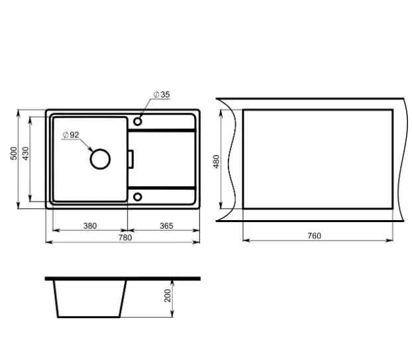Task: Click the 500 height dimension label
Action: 14,153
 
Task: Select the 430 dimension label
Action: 25,153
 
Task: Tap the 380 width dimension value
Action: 90,225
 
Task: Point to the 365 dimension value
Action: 166,225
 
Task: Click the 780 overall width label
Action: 125,237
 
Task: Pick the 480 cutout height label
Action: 216,162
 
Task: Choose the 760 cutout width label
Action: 314,235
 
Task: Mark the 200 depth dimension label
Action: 168,296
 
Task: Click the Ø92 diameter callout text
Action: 71,135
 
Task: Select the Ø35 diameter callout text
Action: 162,94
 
